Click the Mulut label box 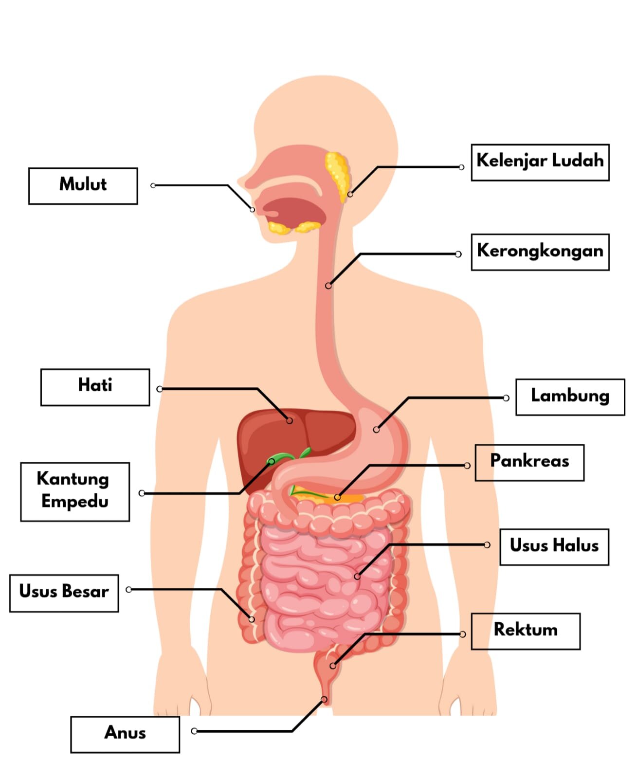point(83,186)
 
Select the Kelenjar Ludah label point(540,163)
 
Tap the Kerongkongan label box point(540,252)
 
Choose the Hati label point(95,387)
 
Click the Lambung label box point(570,397)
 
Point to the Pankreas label point(529,463)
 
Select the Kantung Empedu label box point(75,492)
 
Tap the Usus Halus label point(554,547)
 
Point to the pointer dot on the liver point(289,420)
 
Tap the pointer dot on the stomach point(376,430)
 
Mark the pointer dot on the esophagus point(328,286)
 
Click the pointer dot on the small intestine point(357,576)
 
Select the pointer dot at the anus point(324,700)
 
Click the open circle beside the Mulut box point(153,185)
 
